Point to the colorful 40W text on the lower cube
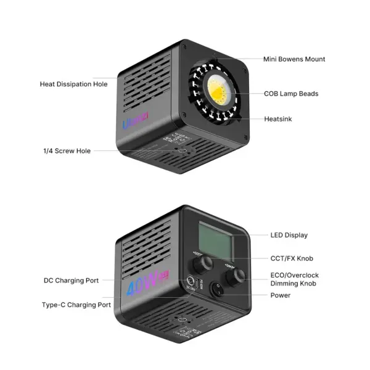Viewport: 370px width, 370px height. (144, 287)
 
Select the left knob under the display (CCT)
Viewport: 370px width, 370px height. (201, 266)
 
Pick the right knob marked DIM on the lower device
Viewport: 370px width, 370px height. (232, 279)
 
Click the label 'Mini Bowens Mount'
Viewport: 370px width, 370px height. (294, 59)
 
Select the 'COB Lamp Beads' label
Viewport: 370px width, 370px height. (291, 94)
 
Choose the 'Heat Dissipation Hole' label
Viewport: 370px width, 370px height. (73, 84)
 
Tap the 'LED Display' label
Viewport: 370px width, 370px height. (289, 235)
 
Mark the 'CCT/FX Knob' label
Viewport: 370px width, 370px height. (292, 258)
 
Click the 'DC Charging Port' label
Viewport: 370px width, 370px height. (71, 281)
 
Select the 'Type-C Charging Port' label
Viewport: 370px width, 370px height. (76, 305)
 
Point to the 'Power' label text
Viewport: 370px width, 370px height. (280, 295)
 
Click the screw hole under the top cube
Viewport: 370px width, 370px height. (179, 150)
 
